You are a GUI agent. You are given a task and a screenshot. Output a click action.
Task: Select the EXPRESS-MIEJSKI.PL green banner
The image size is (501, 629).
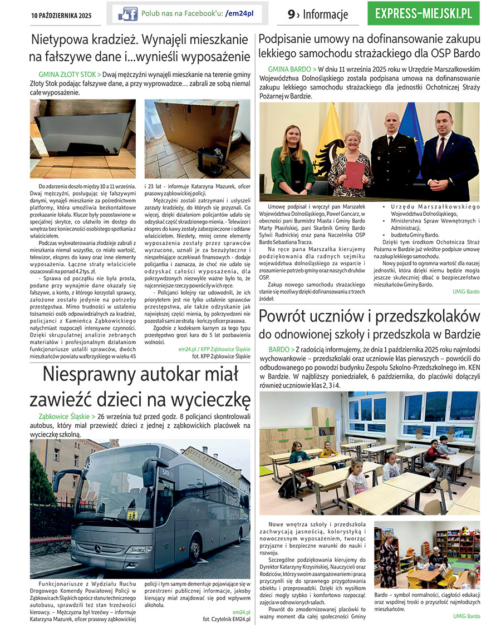(x=423, y=13)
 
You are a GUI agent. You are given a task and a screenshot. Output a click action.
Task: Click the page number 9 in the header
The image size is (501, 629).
(x=291, y=14)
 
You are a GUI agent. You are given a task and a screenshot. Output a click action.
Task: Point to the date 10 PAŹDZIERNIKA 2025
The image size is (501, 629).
(x=61, y=15)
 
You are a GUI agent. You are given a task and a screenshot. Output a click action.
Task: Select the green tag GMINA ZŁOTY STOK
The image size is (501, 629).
(x=70, y=74)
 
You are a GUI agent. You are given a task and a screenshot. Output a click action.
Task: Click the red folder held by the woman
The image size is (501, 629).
(x=353, y=174)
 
